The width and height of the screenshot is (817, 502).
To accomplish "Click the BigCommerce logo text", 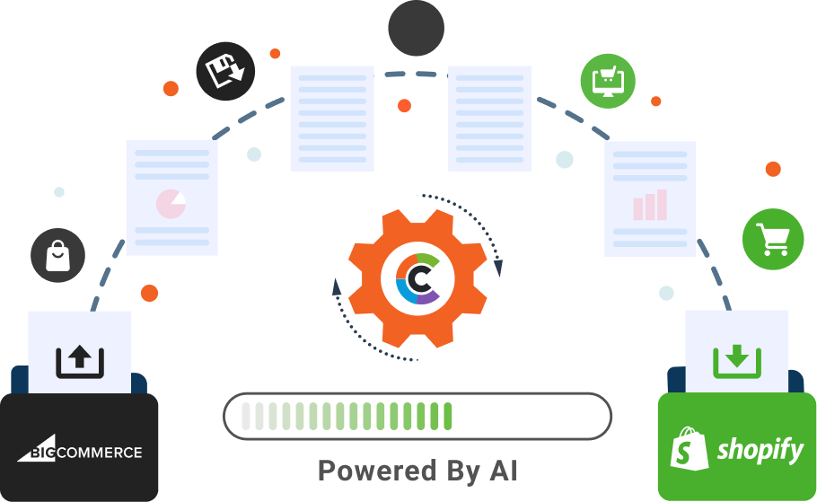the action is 80,449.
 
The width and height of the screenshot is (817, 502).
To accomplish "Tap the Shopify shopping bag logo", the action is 689,448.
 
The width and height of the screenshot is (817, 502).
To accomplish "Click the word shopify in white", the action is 760,450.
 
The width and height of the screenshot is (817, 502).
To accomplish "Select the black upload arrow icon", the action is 80,361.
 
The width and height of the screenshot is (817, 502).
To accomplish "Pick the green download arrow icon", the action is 737,361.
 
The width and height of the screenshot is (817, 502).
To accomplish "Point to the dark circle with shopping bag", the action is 57,255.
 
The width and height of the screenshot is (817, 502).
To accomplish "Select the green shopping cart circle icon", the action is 773,239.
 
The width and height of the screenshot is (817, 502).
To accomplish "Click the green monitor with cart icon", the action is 608,82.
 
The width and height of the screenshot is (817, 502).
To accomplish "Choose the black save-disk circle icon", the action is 225,72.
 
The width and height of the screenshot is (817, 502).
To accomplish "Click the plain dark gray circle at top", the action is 417,28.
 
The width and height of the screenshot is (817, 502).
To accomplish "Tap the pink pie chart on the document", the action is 171,204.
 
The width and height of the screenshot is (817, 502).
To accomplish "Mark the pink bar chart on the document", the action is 650,205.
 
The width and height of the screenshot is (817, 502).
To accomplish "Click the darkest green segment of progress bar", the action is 448,416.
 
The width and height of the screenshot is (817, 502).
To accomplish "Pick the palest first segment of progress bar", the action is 246,416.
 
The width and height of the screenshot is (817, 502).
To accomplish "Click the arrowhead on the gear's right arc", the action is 498,268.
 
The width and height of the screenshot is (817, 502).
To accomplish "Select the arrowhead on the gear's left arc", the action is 337,286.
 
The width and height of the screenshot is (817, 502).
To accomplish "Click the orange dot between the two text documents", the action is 404,106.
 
